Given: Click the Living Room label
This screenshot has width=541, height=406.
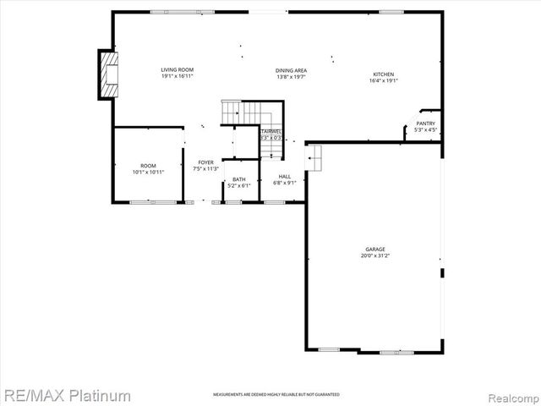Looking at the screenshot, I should click(178, 69).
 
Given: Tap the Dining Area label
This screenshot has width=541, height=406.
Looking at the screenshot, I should click(290, 70).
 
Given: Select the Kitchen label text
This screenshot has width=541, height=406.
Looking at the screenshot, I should click(384, 74).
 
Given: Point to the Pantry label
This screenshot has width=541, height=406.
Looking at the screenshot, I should click(424, 123).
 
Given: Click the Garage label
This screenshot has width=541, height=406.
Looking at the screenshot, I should click(375, 249).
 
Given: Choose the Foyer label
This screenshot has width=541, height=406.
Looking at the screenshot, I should click(206, 162).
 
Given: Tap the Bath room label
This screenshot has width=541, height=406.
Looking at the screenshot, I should click(239, 178).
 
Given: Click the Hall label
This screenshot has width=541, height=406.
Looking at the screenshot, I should click(286, 176).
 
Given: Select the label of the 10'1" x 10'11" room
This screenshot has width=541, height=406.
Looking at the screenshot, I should click(148, 165).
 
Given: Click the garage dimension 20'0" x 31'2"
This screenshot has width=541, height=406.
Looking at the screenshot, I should click(375, 255).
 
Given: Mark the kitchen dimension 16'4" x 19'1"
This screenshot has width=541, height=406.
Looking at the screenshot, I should click(384, 81).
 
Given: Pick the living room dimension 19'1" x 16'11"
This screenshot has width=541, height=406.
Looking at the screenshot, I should click(178, 75).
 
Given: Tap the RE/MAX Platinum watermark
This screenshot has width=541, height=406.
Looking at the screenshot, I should click(66, 395).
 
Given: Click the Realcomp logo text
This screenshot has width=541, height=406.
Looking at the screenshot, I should click(511, 396).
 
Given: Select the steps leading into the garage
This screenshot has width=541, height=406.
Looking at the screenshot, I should click(316, 156).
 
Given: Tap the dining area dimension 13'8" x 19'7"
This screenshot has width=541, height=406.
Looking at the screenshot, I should click(290, 77).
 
